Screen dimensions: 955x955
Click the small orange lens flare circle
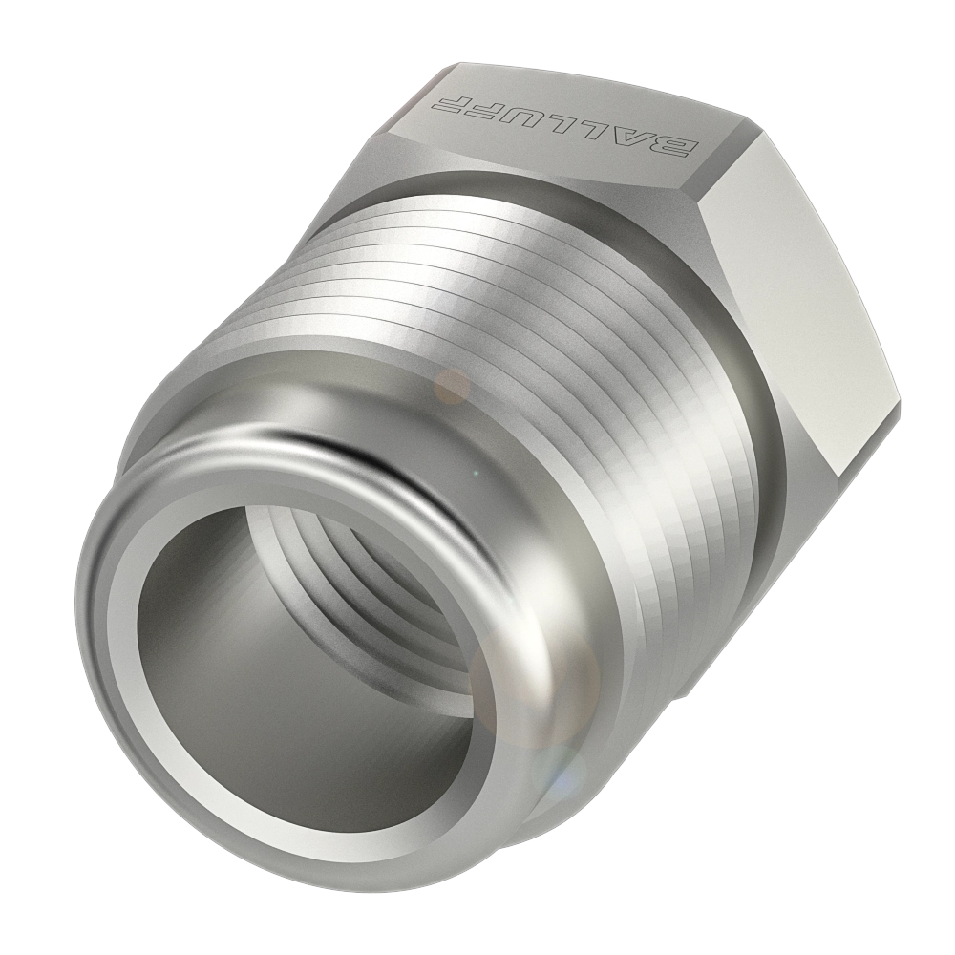(452, 387)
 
